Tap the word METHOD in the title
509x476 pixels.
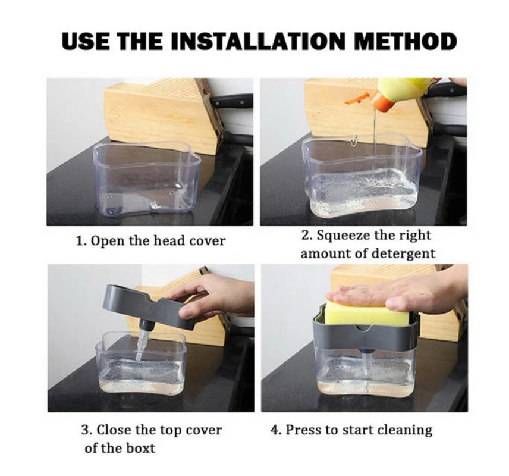point(406,42)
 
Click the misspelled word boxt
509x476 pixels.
point(140,449)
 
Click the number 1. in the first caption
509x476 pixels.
point(81,241)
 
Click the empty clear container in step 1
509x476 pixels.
point(147,179)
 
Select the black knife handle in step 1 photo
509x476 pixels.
point(231,101)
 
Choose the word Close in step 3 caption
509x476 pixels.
point(114,430)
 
